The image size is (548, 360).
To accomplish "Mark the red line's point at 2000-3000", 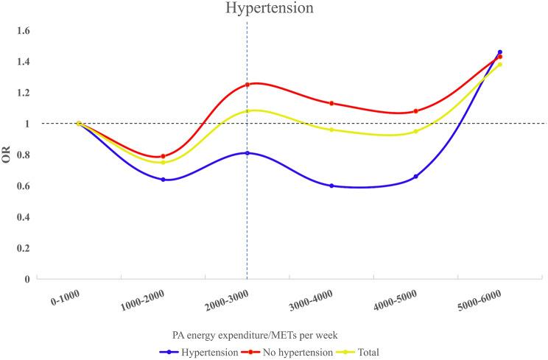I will click(247, 85).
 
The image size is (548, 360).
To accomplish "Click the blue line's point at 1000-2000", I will click(163, 180).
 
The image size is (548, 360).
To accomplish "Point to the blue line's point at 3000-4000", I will click(331, 186).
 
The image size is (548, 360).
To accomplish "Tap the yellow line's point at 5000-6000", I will click(500, 65).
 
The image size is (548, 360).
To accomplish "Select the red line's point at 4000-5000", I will click(416, 111).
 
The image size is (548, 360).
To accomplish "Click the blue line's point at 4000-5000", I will click(416, 177).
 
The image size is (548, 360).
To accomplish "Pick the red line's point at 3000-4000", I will click(331, 103).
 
